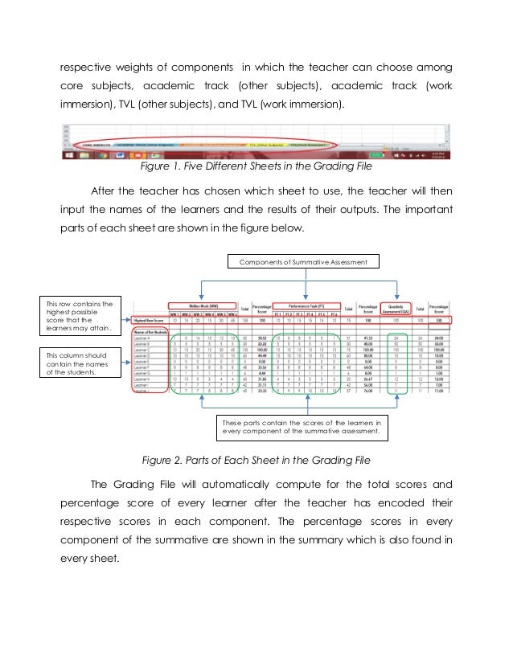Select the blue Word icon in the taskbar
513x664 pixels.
tap(119, 153)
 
